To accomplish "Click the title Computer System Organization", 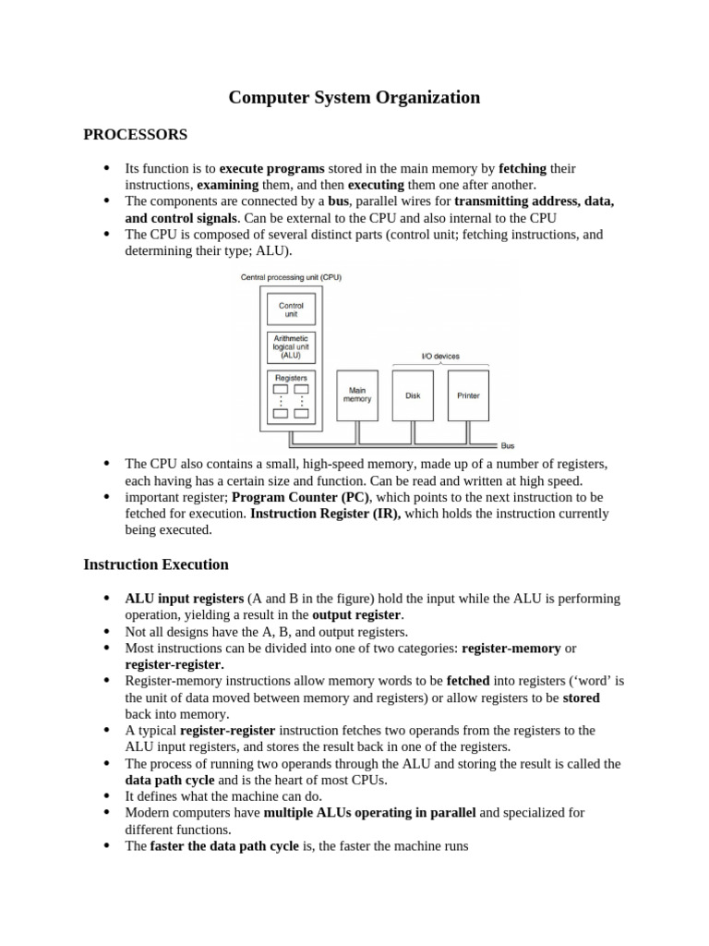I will pyautogui.click(x=354, y=97).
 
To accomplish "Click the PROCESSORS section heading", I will pyautogui.click(x=135, y=135).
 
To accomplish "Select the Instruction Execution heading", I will pyautogui.click(x=155, y=564).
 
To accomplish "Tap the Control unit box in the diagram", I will pyautogui.click(x=291, y=309).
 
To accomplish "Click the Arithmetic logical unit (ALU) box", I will pyautogui.click(x=291, y=347).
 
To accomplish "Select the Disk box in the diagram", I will pyautogui.click(x=413, y=395).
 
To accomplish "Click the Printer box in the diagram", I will pyautogui.click(x=468, y=395).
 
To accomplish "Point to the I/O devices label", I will pyautogui.click(x=440, y=357).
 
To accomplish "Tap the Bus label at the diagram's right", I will pyautogui.click(x=507, y=445).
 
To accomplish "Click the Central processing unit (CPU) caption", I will pyautogui.click(x=291, y=277).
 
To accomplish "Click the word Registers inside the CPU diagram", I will pyautogui.click(x=291, y=377).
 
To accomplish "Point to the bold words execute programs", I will pyautogui.click(x=271, y=168).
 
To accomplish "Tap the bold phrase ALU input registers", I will pyautogui.click(x=185, y=599).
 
